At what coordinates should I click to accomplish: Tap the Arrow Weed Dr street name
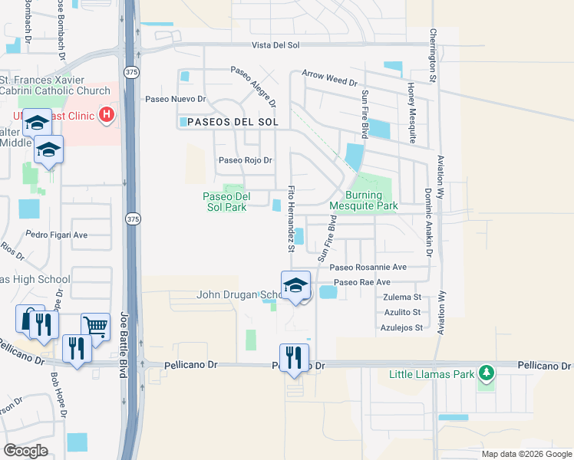point(330,77)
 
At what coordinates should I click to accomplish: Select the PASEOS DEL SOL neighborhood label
point(228,122)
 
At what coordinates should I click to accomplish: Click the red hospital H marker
point(107,117)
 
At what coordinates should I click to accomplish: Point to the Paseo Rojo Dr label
point(246,160)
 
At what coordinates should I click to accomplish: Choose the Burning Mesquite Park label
point(364,200)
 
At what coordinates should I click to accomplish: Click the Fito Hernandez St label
point(291,219)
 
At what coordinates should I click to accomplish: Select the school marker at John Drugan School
point(295,286)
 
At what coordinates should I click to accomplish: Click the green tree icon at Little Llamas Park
point(485,373)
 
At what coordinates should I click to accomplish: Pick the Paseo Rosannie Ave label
point(368,268)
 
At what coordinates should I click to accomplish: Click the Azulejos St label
point(403,327)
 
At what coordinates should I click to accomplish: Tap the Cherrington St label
point(433,55)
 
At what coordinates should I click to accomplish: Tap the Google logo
point(25,451)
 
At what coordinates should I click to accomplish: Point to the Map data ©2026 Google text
point(526,454)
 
